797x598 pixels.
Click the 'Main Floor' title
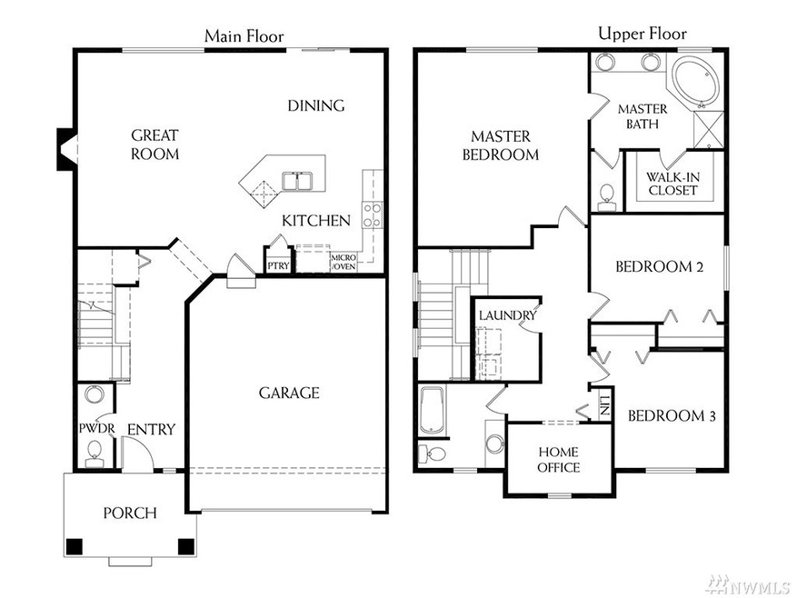pos(244,36)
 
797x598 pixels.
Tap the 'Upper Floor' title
pos(642,35)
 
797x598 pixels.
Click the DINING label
pos(315,105)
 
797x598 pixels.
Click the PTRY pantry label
pos(277,266)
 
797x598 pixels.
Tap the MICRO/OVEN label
pos(344,263)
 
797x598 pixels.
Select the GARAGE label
pos(289,393)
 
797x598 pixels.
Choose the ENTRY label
pos(151,429)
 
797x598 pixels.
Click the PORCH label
pos(129,513)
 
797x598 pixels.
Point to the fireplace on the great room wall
pos(66,149)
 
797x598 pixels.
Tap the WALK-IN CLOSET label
pos(672,184)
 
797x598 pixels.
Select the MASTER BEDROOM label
pos(500,145)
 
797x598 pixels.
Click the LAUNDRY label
pos(507,314)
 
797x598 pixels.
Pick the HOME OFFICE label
pos(559,459)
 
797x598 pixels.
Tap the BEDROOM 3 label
pos(672,416)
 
